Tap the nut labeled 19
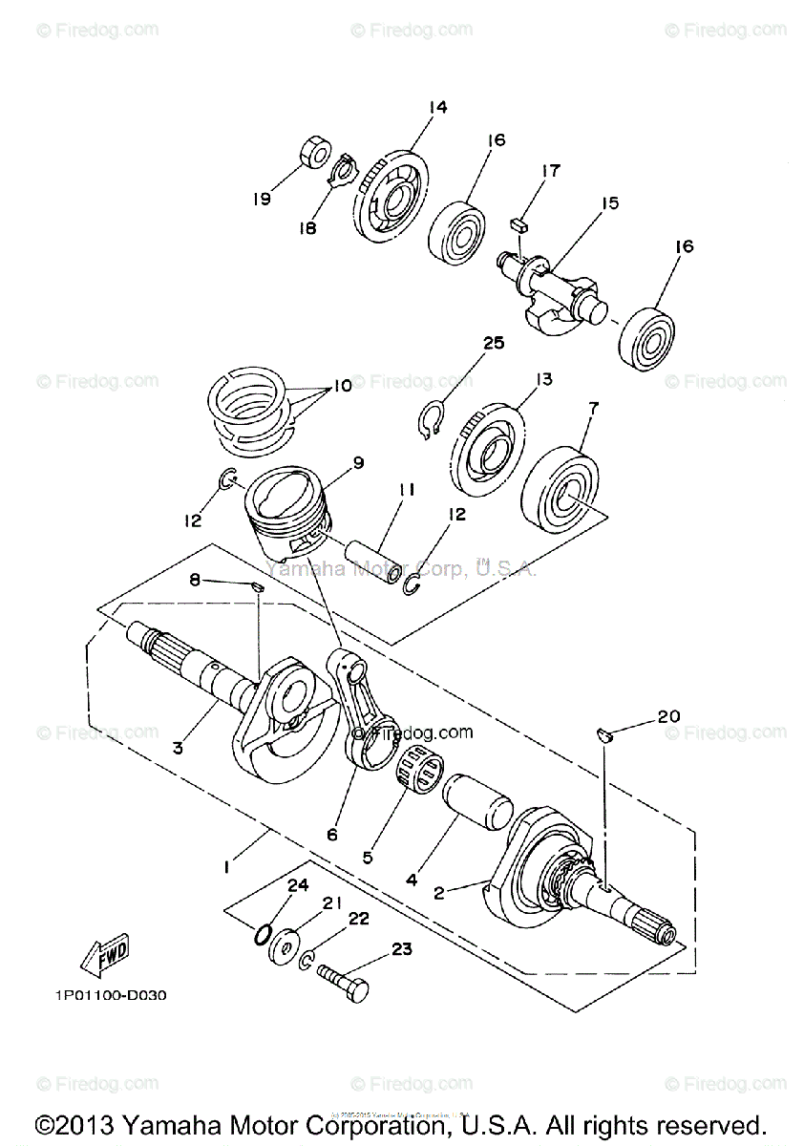(311, 152)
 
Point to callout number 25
(493, 343)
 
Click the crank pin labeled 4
(480, 799)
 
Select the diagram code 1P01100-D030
(111, 995)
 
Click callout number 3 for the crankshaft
(178, 748)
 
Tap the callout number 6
(331, 834)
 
